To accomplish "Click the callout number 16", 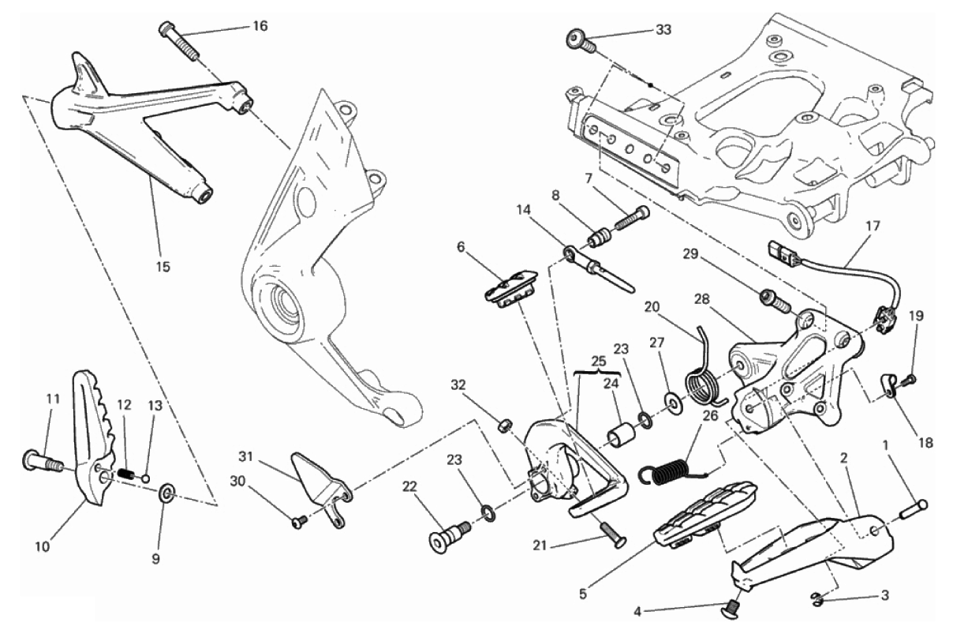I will (x=260, y=26).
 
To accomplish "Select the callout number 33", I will (x=665, y=31).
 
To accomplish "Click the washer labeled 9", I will (x=166, y=493).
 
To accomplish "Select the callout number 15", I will (x=162, y=267).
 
